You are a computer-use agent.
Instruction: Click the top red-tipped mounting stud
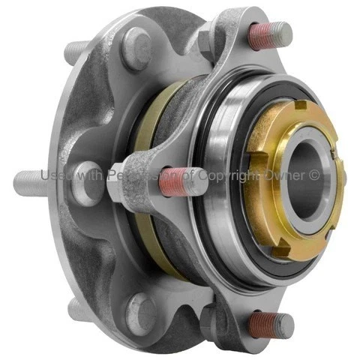tap(270, 36)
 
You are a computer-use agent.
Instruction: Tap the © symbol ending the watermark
tap(315, 175)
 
